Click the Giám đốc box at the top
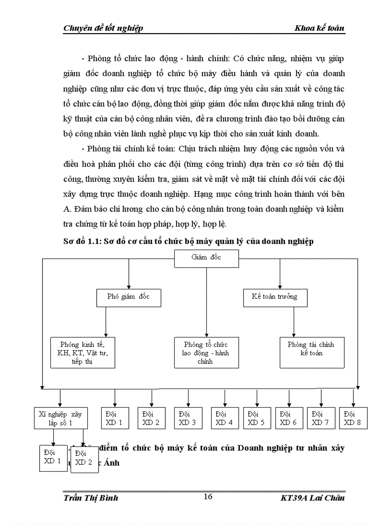point(206,258)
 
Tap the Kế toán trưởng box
point(275,297)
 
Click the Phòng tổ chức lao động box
point(206,352)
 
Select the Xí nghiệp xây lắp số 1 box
point(61,418)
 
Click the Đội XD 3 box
point(188,418)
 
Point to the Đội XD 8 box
point(353,418)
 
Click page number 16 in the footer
point(208,496)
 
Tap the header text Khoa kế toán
point(319,28)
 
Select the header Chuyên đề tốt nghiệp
point(103,28)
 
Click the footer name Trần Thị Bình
point(91,497)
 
